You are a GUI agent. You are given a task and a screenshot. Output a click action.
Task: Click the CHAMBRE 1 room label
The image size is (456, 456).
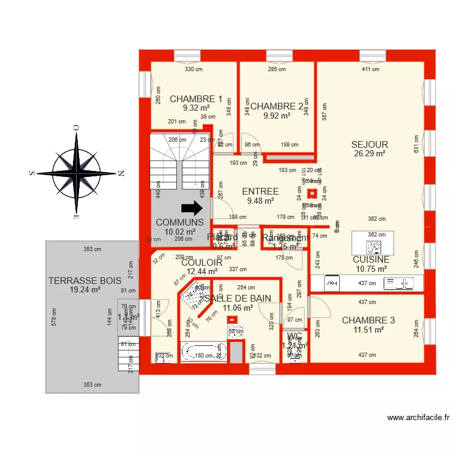pos(196,98)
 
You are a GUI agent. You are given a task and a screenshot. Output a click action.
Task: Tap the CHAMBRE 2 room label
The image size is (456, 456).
pos(277,106)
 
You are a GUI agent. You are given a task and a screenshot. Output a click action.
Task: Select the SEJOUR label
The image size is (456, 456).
pos(370,144)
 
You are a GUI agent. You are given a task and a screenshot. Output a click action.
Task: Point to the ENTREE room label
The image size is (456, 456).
pos(260,192)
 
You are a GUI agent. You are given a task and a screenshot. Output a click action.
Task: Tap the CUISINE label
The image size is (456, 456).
pos(370,260)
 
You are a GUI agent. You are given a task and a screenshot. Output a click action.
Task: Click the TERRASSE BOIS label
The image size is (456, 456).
pos(85,280)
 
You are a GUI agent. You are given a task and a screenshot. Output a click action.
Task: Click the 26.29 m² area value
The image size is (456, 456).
pos(370,154)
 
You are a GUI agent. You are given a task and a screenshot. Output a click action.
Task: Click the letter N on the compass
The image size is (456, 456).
pos(121,173)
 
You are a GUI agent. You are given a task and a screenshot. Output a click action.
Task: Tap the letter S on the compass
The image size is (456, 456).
pos(32,173)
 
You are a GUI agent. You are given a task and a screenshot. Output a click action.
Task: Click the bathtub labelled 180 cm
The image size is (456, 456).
pos(203,353)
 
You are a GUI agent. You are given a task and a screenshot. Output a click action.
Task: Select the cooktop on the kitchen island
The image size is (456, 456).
pos(372,246)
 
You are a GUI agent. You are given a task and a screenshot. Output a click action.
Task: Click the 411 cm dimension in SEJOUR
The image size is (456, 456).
pos(370,69)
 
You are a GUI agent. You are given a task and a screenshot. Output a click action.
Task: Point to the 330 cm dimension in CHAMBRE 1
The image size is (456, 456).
pos(193,69)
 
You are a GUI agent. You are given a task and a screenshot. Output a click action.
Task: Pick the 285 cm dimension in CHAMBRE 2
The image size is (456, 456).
pos(277,69)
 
